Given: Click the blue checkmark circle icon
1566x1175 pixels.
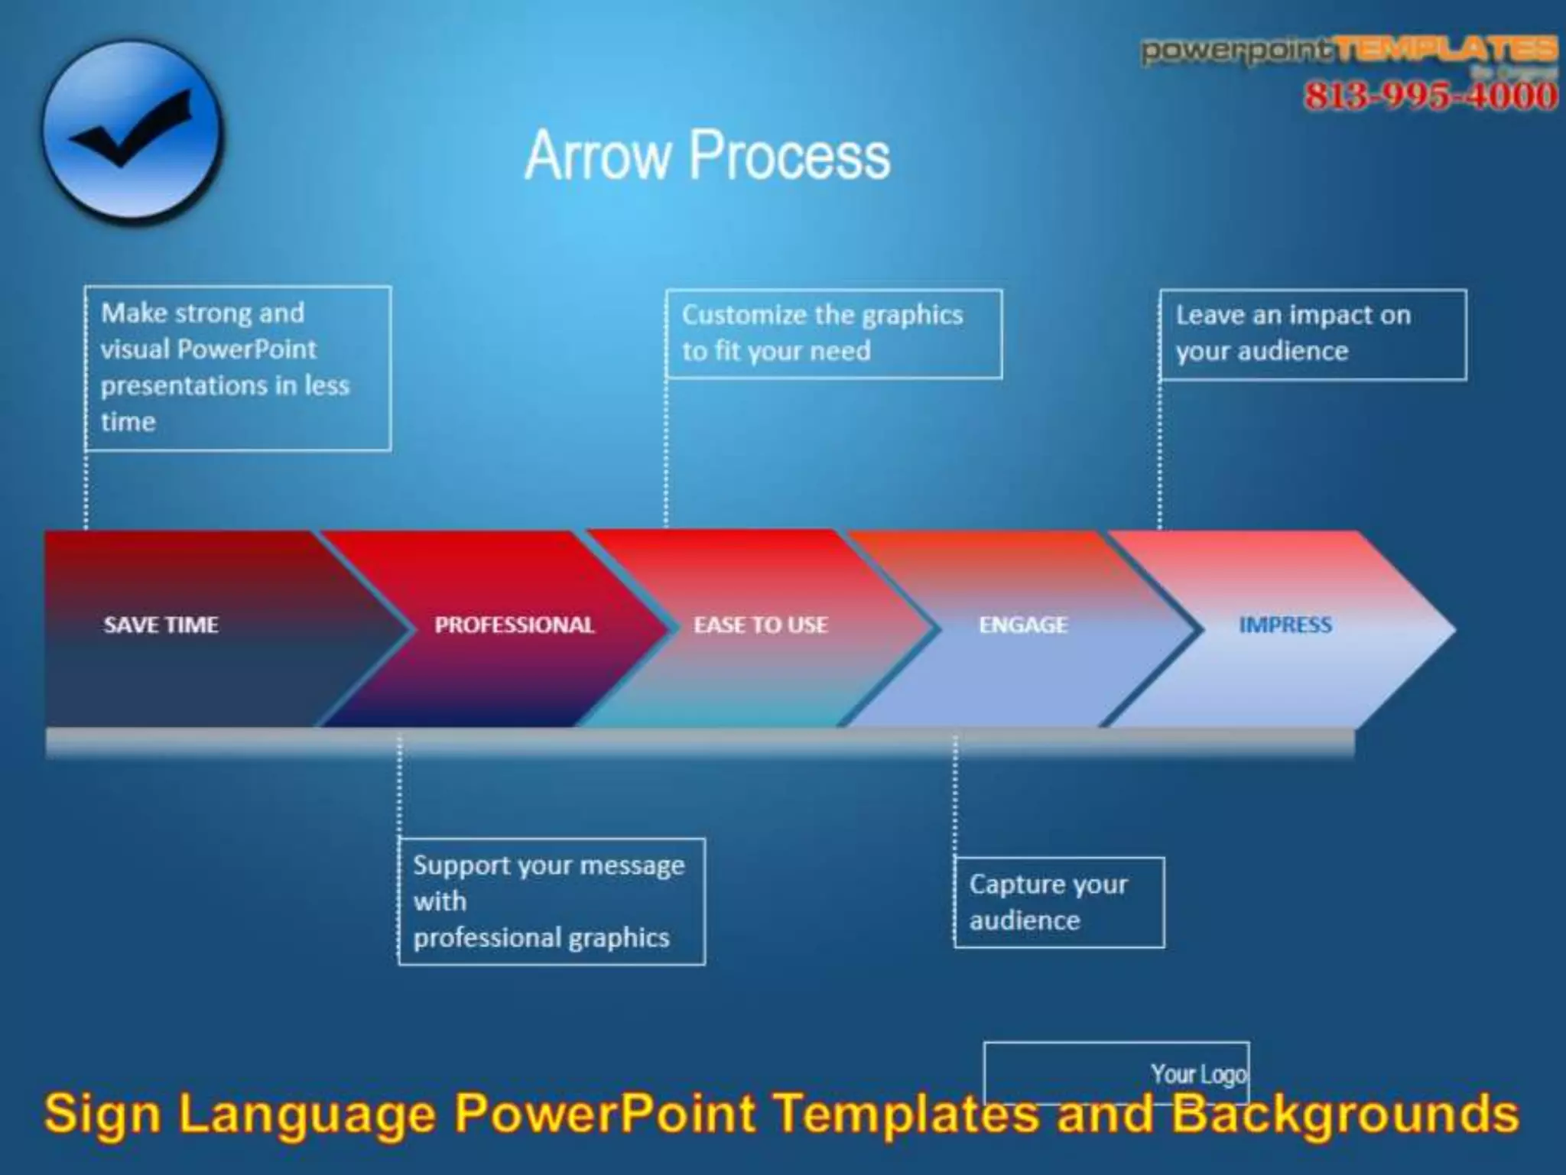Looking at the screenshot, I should pyautogui.click(x=132, y=131).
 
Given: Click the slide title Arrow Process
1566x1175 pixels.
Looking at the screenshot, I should pyautogui.click(x=707, y=155).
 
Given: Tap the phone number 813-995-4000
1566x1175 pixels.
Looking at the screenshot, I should pyautogui.click(x=1430, y=96).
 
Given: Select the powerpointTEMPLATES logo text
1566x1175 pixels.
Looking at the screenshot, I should pyautogui.click(x=1350, y=51).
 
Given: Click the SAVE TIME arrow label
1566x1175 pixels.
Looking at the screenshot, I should pyautogui.click(x=161, y=625).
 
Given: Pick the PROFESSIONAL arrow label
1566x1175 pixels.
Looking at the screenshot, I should pyautogui.click(x=515, y=625).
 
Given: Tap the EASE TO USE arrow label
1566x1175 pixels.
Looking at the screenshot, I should pyautogui.click(x=761, y=625).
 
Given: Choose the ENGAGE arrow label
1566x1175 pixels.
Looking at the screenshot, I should pyautogui.click(x=1023, y=625).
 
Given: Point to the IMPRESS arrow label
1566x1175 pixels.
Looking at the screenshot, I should pyautogui.click(x=1285, y=625).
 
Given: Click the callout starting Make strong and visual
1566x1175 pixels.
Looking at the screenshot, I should pyautogui.click(x=237, y=368).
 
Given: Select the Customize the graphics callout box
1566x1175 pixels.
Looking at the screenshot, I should pyautogui.click(x=833, y=333).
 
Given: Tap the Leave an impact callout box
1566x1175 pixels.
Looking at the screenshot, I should pyautogui.click(x=1312, y=334).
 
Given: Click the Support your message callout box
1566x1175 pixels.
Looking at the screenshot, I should pyautogui.click(x=551, y=901).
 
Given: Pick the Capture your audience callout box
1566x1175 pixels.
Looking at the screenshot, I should pyautogui.click(x=1059, y=902).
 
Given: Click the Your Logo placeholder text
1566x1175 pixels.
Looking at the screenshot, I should pyautogui.click(x=1198, y=1073).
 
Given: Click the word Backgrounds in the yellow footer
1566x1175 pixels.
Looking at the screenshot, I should pyautogui.click(x=1345, y=1113).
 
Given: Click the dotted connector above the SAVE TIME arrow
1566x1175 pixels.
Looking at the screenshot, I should pyautogui.click(x=86, y=489).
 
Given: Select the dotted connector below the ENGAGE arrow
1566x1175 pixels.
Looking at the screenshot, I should pyautogui.click(x=954, y=795).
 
